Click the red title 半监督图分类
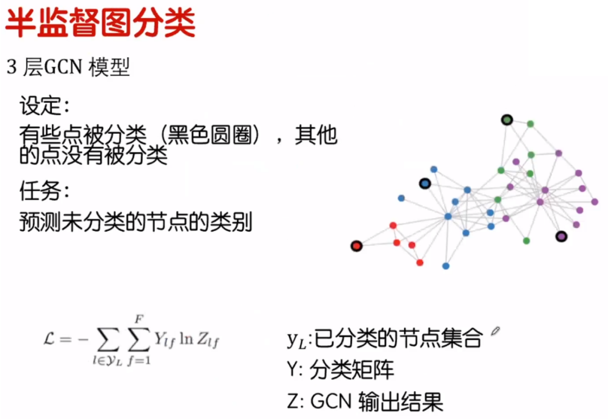click(100, 22)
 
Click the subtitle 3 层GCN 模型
click(68, 67)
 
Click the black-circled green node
click(507, 119)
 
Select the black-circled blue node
click(424, 183)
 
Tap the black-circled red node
click(356, 246)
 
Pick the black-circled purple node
click(561, 237)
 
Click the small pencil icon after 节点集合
click(495, 331)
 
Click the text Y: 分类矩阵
click(340, 370)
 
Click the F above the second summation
click(138, 319)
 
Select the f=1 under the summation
click(138, 361)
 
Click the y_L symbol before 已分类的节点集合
click(296, 339)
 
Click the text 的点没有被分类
click(93, 156)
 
